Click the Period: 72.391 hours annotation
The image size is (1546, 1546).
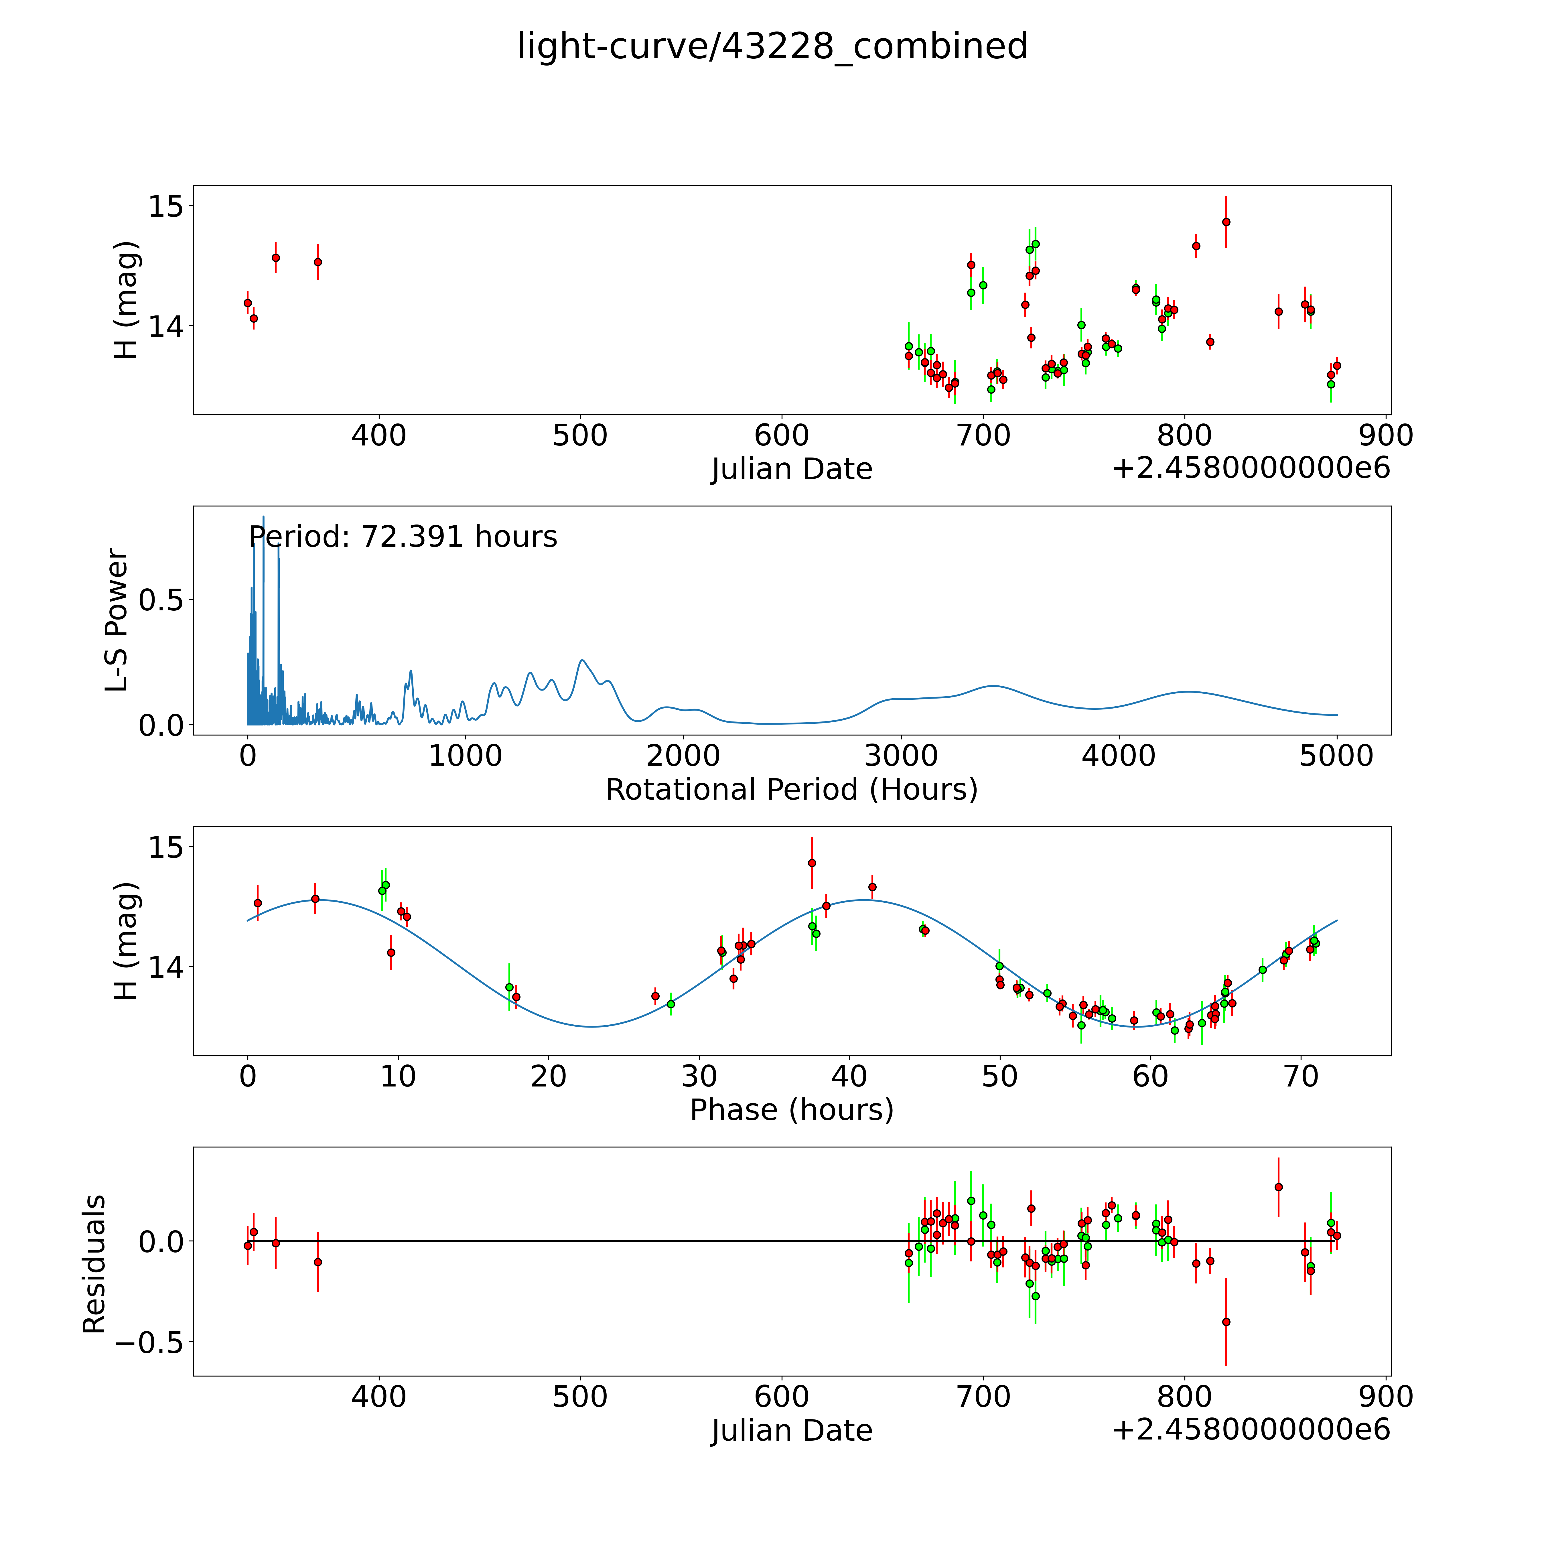tap(403, 537)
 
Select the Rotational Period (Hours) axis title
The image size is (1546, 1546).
tap(791, 790)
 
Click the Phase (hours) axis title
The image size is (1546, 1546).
tap(791, 1110)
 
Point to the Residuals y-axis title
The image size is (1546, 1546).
tap(94, 1264)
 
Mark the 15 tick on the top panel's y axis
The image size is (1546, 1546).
tap(166, 206)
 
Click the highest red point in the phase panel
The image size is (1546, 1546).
tap(811, 863)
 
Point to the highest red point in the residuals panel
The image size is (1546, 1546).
tap(1278, 1187)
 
